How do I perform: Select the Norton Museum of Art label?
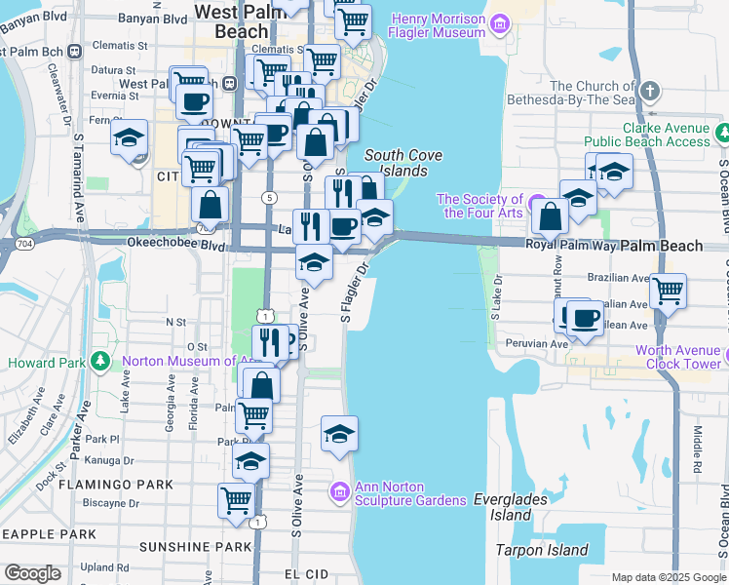point(184,363)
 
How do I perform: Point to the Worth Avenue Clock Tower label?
point(681,358)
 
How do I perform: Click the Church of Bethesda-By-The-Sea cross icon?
point(652,94)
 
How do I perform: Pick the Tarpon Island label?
point(543,550)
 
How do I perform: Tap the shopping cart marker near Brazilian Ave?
point(668,289)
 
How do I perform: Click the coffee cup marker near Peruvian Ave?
point(585,318)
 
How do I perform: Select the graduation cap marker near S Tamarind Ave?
point(129,138)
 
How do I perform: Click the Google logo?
point(32,573)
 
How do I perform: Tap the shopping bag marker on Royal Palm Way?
point(551,215)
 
